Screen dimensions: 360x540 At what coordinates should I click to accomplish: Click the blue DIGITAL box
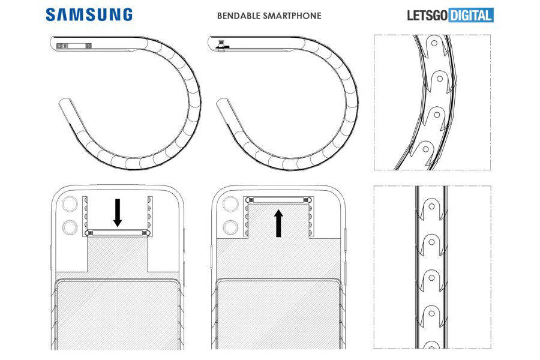473,15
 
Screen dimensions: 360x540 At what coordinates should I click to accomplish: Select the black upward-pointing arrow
278,223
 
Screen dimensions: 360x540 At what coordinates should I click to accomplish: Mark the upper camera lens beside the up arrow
229,203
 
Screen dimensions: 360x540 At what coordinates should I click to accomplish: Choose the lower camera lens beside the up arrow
229,228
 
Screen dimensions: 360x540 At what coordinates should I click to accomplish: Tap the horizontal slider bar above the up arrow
278,199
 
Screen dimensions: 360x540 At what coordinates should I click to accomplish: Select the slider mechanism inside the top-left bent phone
73,45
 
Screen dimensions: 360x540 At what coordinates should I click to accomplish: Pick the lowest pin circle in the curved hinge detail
425,146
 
